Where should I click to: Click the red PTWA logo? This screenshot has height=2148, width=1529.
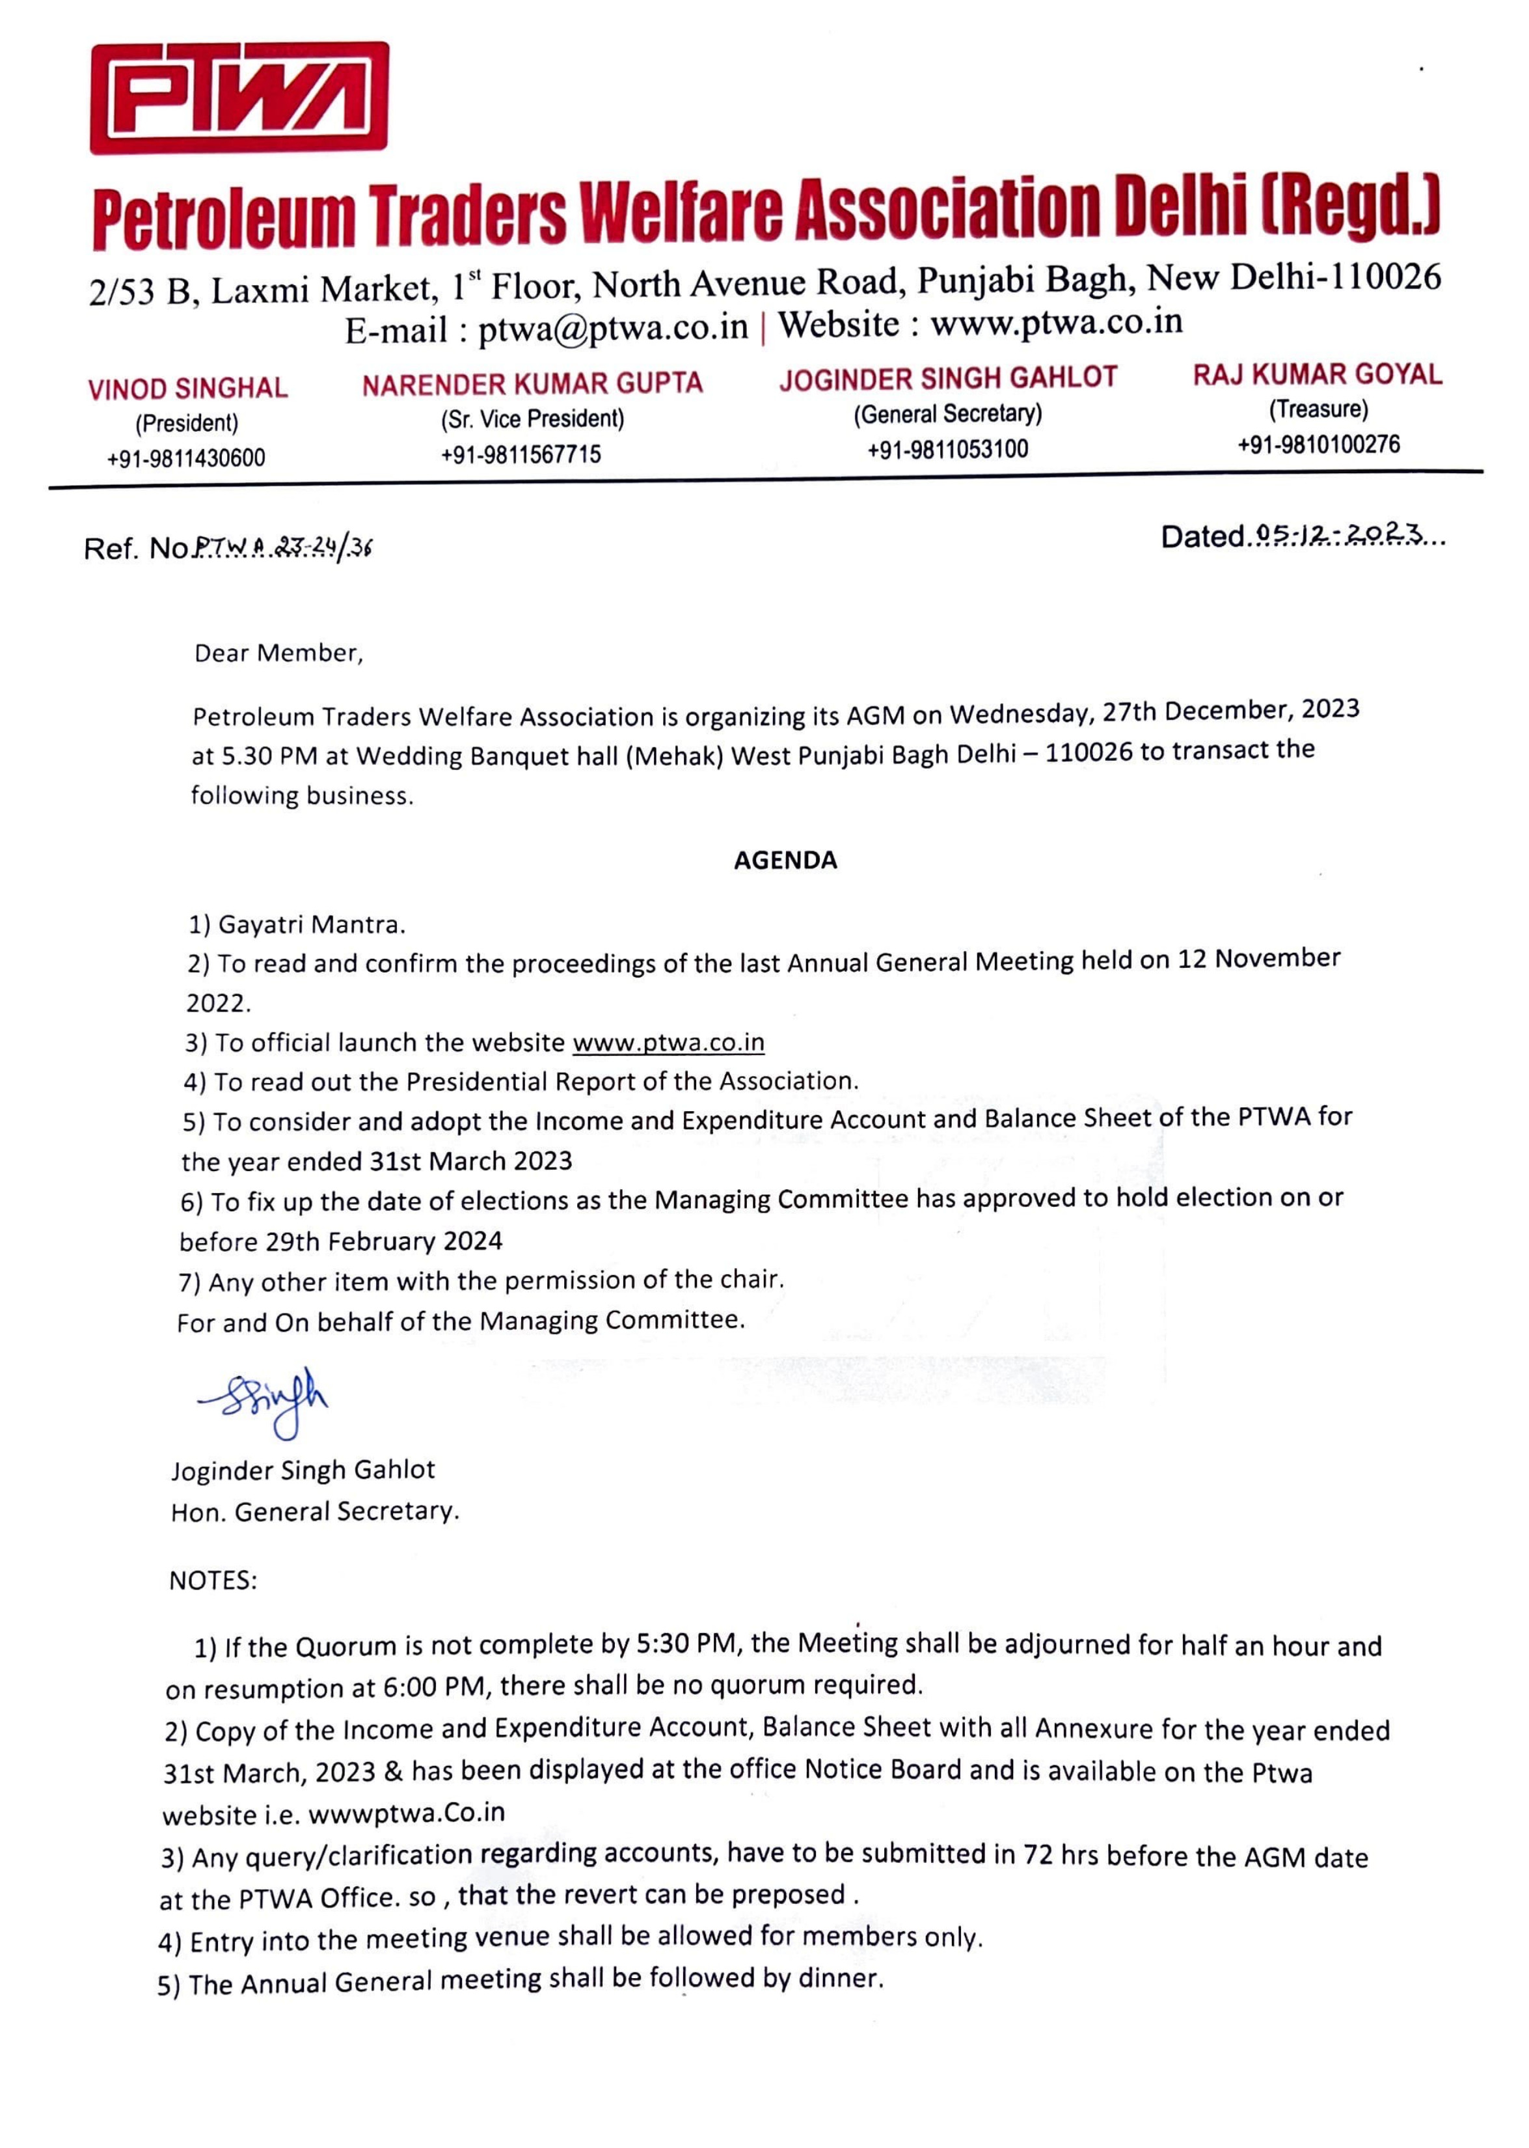(239, 98)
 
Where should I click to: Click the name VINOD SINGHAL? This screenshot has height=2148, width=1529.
(187, 389)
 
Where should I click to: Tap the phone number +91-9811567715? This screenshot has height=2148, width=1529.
(520, 455)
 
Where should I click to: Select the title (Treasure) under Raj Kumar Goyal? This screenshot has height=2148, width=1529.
(1318, 409)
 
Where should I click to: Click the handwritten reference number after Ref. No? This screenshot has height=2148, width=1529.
(282, 547)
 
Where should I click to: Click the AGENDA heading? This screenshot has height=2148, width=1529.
(785, 860)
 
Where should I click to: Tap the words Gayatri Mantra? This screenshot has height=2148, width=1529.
(311, 925)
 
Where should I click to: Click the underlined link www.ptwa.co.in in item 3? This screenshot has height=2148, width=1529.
(668, 1043)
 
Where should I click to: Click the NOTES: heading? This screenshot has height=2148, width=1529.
(213, 1580)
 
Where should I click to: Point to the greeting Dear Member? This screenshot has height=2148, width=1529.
(278, 654)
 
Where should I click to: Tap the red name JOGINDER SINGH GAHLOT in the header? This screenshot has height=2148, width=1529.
(947, 379)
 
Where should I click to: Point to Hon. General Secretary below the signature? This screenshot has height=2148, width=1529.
(314, 1511)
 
